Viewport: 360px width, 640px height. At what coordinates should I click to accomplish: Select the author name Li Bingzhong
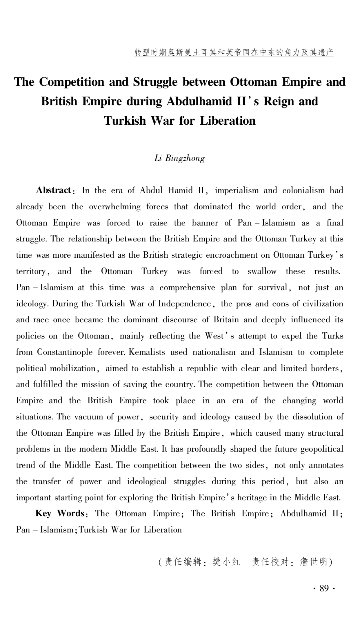[x=179, y=158]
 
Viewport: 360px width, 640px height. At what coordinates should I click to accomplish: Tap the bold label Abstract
[x=54, y=190]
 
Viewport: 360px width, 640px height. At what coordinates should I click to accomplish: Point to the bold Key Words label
[x=60, y=513]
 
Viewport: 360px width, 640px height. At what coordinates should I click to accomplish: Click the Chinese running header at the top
[x=234, y=52]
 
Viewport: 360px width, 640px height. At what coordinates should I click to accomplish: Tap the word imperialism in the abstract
[x=237, y=190]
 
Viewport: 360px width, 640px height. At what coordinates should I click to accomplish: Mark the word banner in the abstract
[x=204, y=223]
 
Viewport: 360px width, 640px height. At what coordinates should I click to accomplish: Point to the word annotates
[x=326, y=465]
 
